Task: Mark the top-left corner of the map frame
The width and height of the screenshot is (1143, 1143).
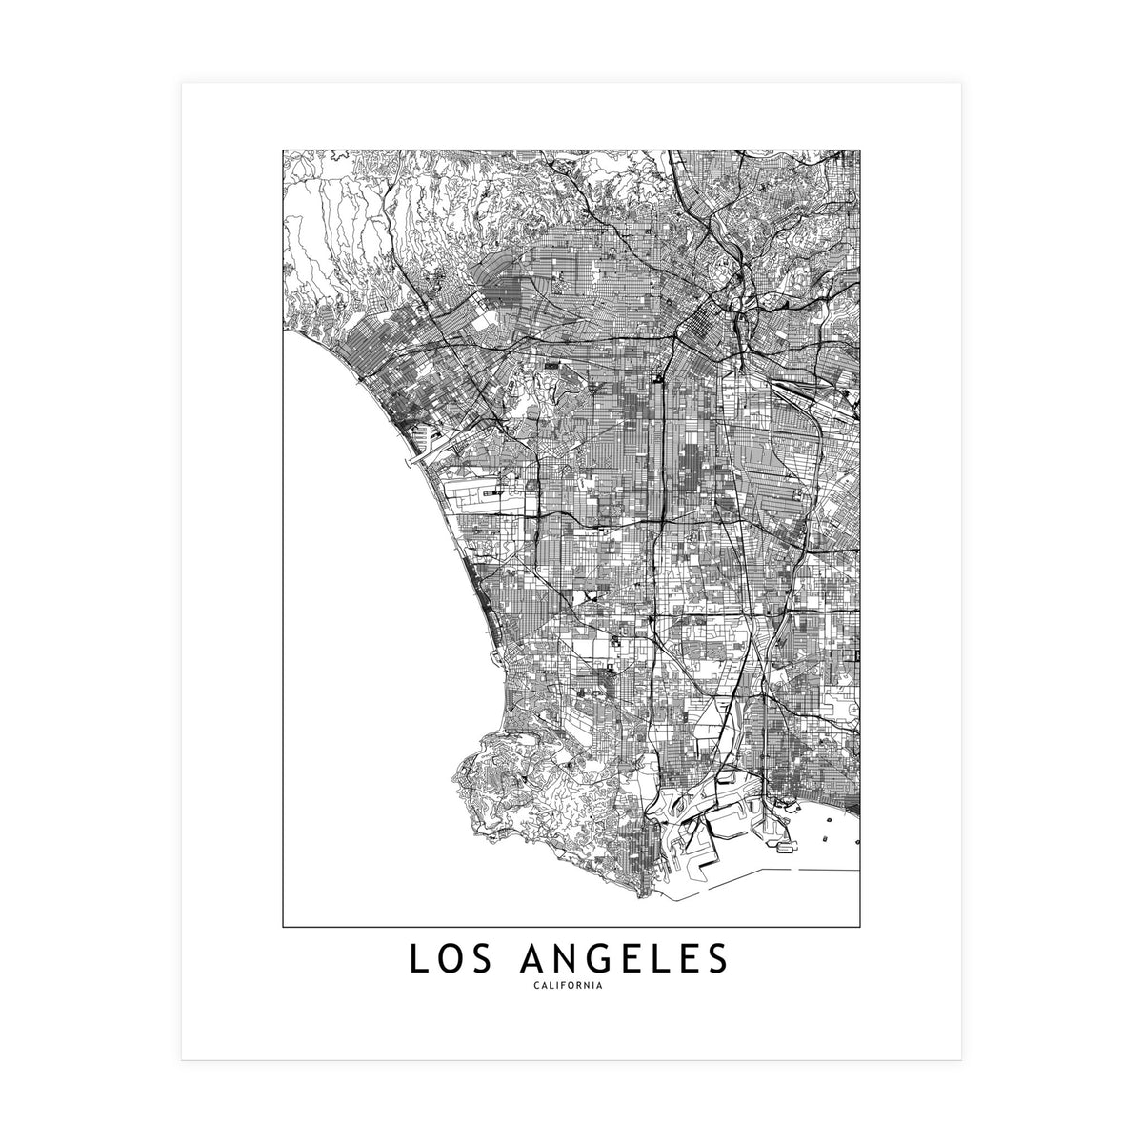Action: [283, 149]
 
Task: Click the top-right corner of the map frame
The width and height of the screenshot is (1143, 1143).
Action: [861, 149]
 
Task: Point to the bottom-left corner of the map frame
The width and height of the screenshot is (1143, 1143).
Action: [283, 926]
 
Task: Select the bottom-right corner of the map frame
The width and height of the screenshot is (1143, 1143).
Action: [861, 926]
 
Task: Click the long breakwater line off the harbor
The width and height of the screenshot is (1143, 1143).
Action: [819, 871]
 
